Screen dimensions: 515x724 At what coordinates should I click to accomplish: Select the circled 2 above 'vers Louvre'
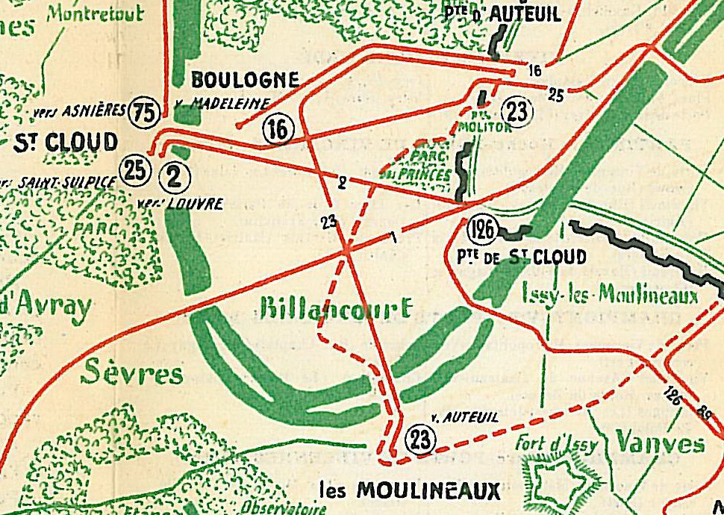174,176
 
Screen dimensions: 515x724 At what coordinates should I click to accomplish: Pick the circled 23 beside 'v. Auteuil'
422,440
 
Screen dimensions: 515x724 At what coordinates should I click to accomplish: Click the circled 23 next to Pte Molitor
516,111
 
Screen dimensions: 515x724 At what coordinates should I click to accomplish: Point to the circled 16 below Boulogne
277,130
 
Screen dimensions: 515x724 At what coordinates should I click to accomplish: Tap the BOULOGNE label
245,79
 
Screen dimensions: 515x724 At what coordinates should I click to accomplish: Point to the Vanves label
659,443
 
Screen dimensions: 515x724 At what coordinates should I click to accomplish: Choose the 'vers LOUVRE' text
181,202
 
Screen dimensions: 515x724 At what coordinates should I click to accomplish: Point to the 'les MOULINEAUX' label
410,490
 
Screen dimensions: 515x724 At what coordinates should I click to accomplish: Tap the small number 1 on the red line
392,237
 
